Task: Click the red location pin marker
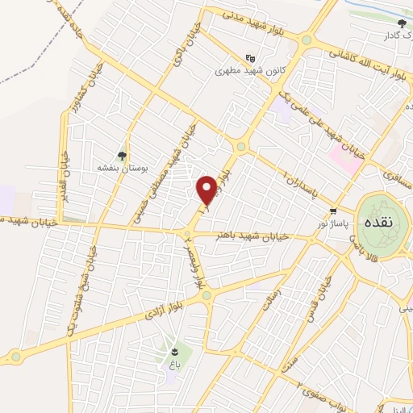207,190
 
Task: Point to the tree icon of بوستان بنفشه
122,156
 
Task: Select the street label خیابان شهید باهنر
264,236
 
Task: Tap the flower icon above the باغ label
175,351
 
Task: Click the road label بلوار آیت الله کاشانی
368,62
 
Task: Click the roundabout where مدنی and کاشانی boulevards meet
307,40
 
